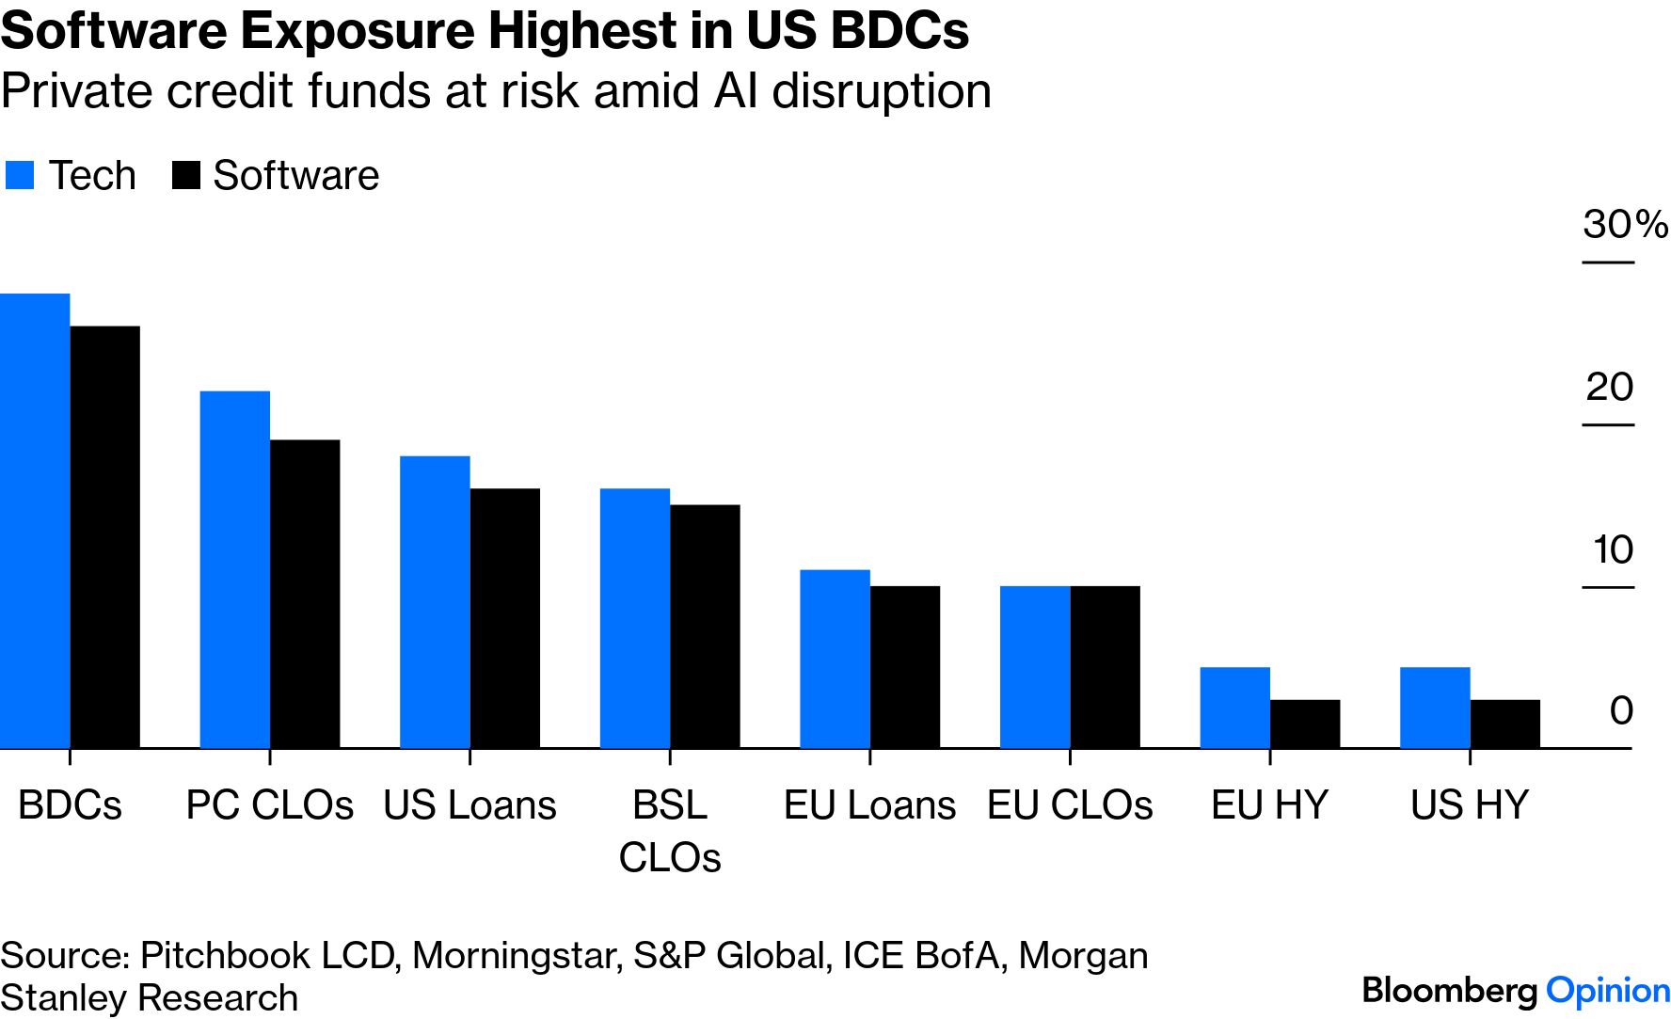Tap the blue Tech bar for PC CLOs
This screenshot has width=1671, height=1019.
point(235,569)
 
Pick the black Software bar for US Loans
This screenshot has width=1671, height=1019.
point(504,618)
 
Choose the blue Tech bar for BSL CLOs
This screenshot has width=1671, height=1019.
point(635,618)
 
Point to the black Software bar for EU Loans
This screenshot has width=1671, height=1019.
point(904,667)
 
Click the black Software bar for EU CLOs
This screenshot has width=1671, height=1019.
point(1105,667)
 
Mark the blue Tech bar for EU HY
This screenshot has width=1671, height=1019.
point(1234,708)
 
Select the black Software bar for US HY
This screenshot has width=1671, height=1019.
point(1504,724)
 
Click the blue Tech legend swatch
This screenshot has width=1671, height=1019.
point(20,176)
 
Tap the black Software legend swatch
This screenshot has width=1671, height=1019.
point(186,176)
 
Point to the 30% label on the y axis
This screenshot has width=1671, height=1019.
point(1624,224)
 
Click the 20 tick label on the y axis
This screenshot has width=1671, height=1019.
point(1609,387)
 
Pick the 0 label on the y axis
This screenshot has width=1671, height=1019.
point(1620,710)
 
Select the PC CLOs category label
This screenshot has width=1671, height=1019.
point(269,805)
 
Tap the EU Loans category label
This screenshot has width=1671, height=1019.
point(869,805)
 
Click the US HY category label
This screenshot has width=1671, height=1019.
point(1469,805)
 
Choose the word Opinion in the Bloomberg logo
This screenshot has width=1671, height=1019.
point(1608,991)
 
